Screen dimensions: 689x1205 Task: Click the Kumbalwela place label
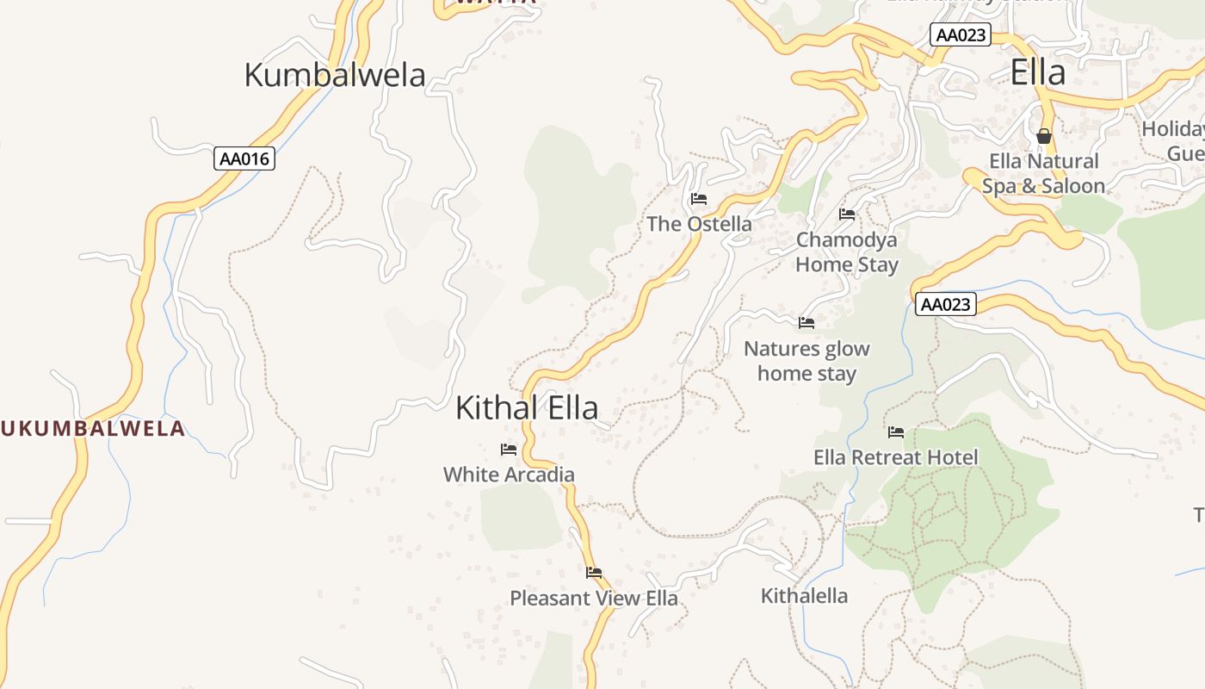[x=335, y=75]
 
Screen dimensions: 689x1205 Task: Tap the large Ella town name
[x=1038, y=72]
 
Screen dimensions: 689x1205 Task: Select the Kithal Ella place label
[x=527, y=407]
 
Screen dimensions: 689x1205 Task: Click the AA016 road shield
[x=244, y=158]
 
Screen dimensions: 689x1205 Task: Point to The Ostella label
[x=699, y=224]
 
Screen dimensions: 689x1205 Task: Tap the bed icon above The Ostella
[x=699, y=199]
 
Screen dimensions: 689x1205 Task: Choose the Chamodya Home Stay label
[x=847, y=252]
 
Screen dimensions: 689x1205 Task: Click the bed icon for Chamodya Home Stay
[x=847, y=214]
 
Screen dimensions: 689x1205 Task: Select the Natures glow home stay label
[x=806, y=361]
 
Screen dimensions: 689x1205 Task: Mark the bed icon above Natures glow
[x=806, y=323]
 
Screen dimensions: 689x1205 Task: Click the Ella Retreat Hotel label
[x=896, y=457]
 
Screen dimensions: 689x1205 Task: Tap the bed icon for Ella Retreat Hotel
[x=896, y=432]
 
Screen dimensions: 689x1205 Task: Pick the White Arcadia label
[x=509, y=475]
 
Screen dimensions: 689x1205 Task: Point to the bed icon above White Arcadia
[x=509, y=450]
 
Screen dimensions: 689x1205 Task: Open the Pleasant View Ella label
[x=594, y=598]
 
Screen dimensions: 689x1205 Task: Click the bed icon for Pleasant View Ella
[x=594, y=573]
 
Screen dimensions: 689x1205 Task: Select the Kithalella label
[x=804, y=595]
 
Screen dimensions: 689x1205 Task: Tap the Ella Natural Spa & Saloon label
[x=1044, y=173]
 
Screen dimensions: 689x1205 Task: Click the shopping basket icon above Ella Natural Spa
[x=1044, y=136]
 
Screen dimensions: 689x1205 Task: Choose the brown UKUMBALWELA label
[x=93, y=428]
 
